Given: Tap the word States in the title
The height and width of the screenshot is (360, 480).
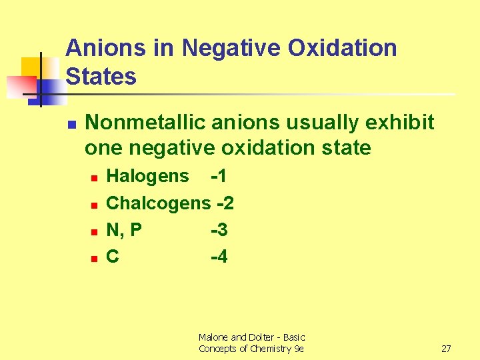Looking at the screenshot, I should tap(101, 77).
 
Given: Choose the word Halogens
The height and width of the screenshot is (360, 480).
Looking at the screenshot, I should tap(147, 176).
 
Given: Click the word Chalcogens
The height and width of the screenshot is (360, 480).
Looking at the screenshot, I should tap(158, 203).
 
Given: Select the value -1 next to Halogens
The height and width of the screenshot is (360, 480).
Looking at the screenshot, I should tap(219, 176).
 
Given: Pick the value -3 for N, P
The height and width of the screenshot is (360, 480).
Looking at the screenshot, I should tap(219, 230).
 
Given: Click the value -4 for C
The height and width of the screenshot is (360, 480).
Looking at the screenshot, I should tap(219, 257).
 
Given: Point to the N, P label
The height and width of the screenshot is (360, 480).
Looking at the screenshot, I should tap(124, 230).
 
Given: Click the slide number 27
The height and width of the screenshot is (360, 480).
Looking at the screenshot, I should tap(447, 349).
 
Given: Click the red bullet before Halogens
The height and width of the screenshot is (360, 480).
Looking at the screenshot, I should tap(95, 178).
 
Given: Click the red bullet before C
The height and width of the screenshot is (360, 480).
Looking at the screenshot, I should tap(95, 258).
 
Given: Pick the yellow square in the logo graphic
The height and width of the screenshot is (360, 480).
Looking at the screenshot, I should tap(31, 67).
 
